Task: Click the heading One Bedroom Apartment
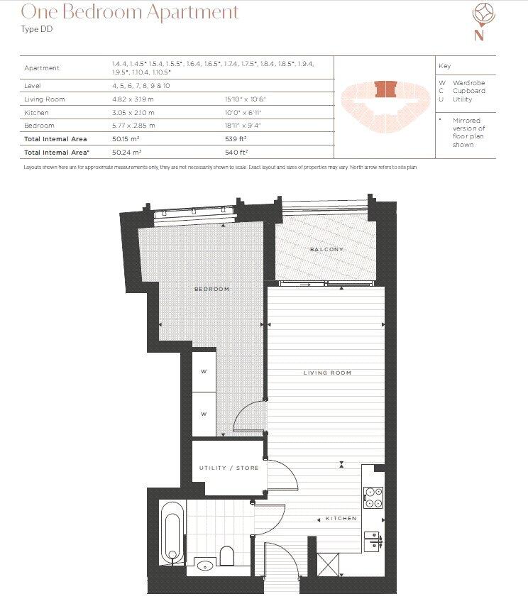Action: [130, 12]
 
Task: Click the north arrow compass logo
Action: [480, 22]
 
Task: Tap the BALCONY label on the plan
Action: [326, 250]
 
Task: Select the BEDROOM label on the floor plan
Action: [212, 289]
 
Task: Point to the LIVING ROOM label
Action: [327, 373]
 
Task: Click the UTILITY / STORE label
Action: [228, 468]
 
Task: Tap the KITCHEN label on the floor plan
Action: [341, 519]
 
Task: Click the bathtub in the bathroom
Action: [172, 530]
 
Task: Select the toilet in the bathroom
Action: [228, 554]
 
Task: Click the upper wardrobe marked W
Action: [203, 370]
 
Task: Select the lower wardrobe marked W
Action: [203, 414]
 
